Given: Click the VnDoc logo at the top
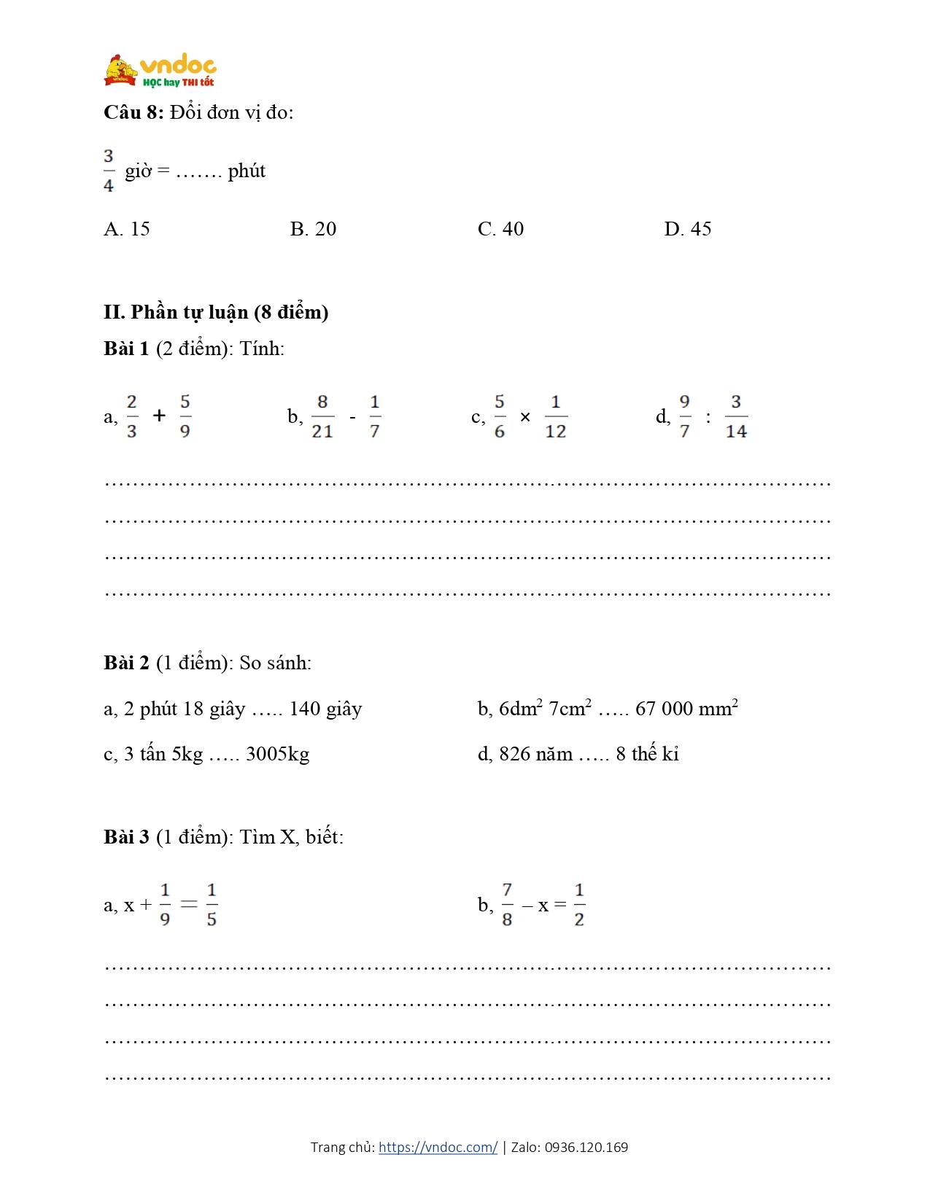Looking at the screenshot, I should click(x=160, y=71).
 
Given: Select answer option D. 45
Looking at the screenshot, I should click(x=687, y=229).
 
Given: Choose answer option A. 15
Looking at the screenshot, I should click(x=127, y=229).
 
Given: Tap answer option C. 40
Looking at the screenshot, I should click(x=500, y=229).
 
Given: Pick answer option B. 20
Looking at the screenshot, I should click(x=313, y=229).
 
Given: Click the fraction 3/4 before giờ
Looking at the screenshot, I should click(x=109, y=171).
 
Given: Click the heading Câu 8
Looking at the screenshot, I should click(x=133, y=112).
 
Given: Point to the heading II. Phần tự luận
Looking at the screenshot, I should click(x=216, y=312).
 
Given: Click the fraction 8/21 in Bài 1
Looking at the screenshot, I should click(x=322, y=416).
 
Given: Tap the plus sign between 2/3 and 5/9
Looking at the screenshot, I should click(x=159, y=416).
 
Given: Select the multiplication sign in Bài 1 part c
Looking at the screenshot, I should click(x=525, y=418).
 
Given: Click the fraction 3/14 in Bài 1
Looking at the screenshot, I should click(x=736, y=416).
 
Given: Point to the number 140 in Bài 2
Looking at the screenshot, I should click(x=305, y=709).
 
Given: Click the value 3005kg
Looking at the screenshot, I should click(x=277, y=754).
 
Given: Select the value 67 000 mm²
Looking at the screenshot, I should click(x=686, y=709).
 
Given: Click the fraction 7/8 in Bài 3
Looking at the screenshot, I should click(x=507, y=905).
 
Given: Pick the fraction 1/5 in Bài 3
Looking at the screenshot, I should click(x=212, y=905).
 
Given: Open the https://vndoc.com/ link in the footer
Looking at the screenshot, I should click(x=438, y=1147).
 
